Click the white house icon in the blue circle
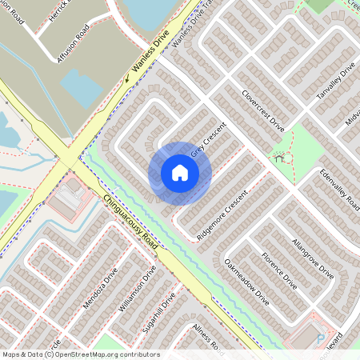click(x=180, y=173)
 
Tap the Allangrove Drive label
click(x=313, y=258)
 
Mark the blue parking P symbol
click(x=321, y=338)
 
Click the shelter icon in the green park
click(x=279, y=158)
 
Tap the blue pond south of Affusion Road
click(x=81, y=87)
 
